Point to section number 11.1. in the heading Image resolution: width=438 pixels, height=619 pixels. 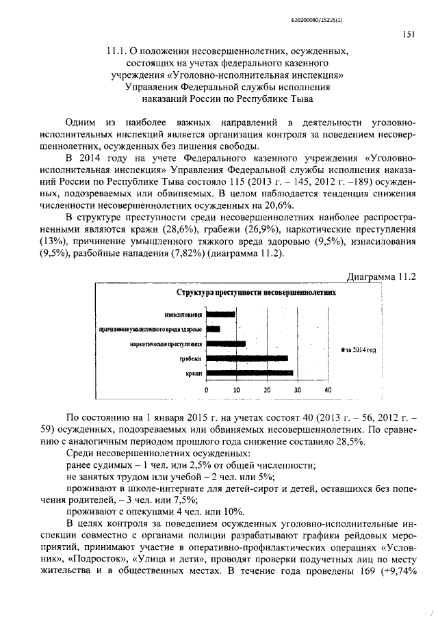[x=119, y=51]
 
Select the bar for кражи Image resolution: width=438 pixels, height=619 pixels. [x=250, y=373]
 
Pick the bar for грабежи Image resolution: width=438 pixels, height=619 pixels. [x=247, y=358]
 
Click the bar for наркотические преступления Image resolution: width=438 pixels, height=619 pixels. [x=226, y=343]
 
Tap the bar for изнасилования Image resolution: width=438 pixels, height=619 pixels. [x=221, y=315]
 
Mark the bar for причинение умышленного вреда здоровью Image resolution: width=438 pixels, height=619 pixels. [x=214, y=329]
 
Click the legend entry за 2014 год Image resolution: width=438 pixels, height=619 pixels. [x=360, y=350]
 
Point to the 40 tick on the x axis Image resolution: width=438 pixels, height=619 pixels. [x=328, y=389]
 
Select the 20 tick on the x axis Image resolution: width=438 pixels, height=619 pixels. [x=267, y=389]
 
